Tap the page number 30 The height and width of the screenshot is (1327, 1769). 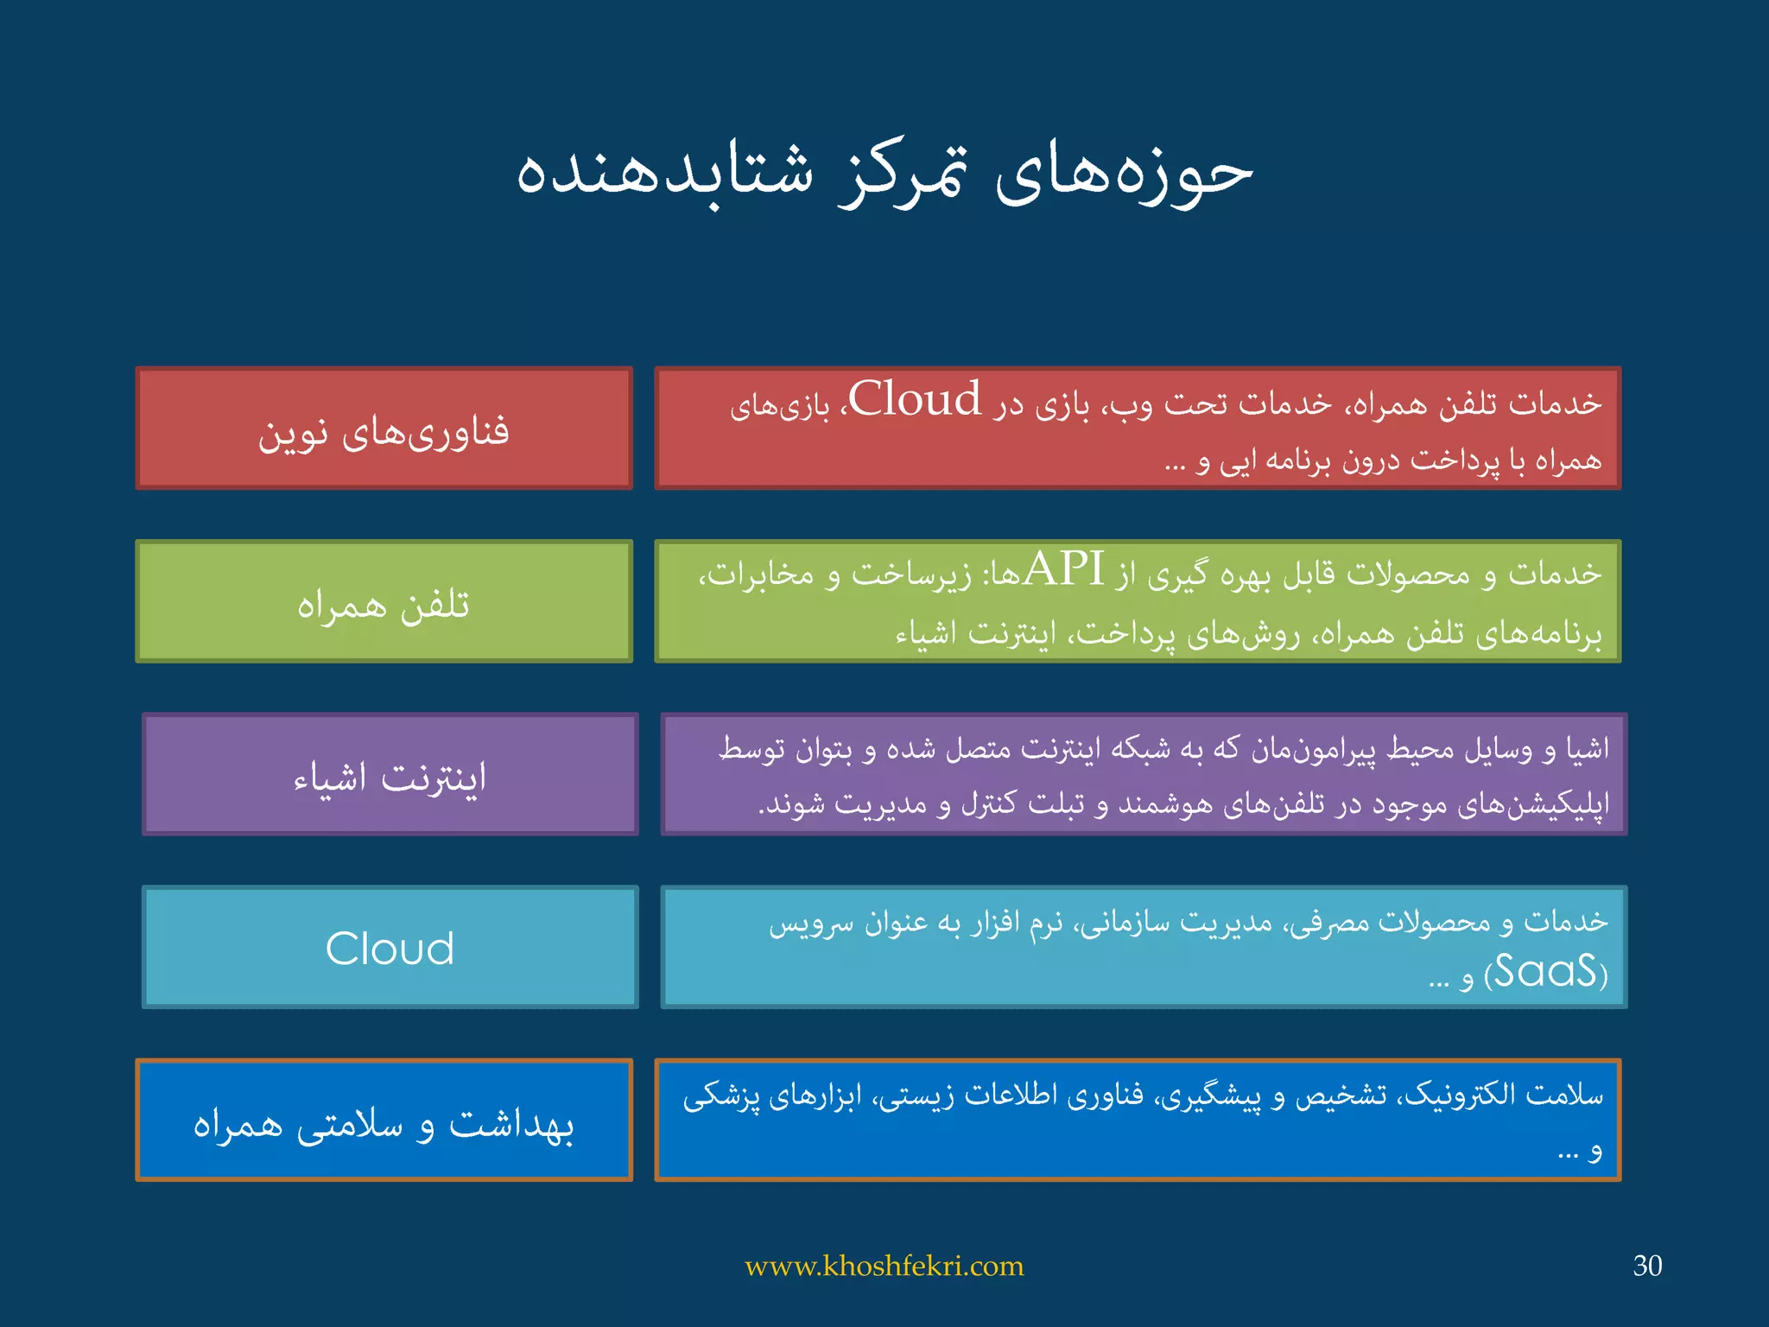coord(1646,1266)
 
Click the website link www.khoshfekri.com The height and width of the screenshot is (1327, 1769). coord(884,1267)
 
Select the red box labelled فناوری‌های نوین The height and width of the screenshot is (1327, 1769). coord(384,429)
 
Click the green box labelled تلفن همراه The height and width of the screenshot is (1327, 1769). coord(384,602)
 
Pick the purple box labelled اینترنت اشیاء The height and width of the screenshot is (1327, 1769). coord(390,775)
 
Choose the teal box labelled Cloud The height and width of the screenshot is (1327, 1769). coord(390,948)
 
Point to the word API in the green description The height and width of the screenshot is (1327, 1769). coord(1063,569)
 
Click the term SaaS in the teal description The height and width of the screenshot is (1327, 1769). coord(1545,972)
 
